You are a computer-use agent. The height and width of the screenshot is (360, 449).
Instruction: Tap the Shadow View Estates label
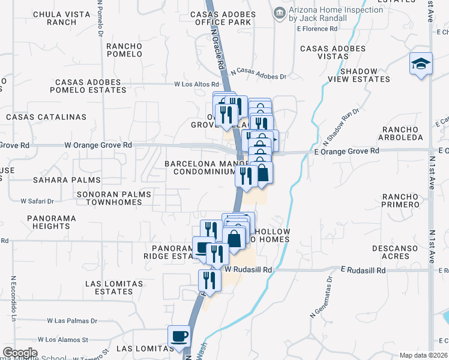pyautogui.click(x=359, y=75)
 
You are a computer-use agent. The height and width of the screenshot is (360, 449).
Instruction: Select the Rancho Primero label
pyautogui.click(x=400, y=200)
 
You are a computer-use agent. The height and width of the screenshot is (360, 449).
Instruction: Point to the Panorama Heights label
pyautogui.click(x=52, y=222)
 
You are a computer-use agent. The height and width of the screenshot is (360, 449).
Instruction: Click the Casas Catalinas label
pyautogui.click(x=46, y=117)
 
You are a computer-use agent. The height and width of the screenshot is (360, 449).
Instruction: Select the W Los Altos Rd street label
pyautogui.click(x=193, y=85)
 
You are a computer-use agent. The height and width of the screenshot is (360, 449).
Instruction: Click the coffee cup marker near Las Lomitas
pyautogui.click(x=178, y=337)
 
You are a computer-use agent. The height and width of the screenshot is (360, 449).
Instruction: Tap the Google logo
pyautogui.click(x=19, y=353)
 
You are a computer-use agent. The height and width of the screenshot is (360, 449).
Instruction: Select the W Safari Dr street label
pyautogui.click(x=37, y=201)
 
